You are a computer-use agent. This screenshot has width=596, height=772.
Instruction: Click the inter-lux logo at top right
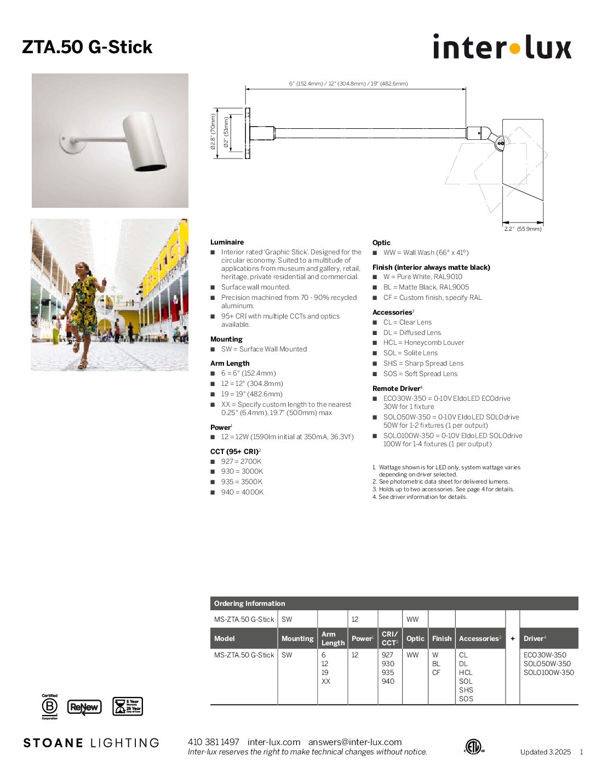(502, 47)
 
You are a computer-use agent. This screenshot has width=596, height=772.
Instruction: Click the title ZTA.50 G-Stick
(87, 47)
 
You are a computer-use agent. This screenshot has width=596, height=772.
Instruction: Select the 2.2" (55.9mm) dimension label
(523, 229)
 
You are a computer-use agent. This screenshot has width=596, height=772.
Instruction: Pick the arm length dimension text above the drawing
(348, 84)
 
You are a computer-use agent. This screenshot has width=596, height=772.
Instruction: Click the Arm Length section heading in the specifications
(230, 363)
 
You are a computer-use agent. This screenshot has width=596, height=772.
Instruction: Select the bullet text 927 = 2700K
(241, 462)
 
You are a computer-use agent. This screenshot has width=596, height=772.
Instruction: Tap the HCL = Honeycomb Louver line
(423, 343)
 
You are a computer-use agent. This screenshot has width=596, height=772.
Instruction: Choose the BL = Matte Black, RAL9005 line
(426, 287)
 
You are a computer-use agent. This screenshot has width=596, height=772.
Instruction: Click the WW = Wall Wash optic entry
(426, 253)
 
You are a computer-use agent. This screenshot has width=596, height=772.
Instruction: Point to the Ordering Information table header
(249, 604)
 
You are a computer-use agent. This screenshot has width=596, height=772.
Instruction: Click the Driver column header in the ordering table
(534, 638)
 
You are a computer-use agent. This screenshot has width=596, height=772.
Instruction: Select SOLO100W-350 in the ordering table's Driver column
(548, 673)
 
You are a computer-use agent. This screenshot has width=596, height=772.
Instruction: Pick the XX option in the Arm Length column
(326, 682)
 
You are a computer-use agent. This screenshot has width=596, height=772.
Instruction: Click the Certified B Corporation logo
(50, 706)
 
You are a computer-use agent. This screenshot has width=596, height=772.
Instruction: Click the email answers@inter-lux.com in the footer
(355, 742)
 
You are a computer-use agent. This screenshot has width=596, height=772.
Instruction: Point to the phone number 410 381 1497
(214, 742)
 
